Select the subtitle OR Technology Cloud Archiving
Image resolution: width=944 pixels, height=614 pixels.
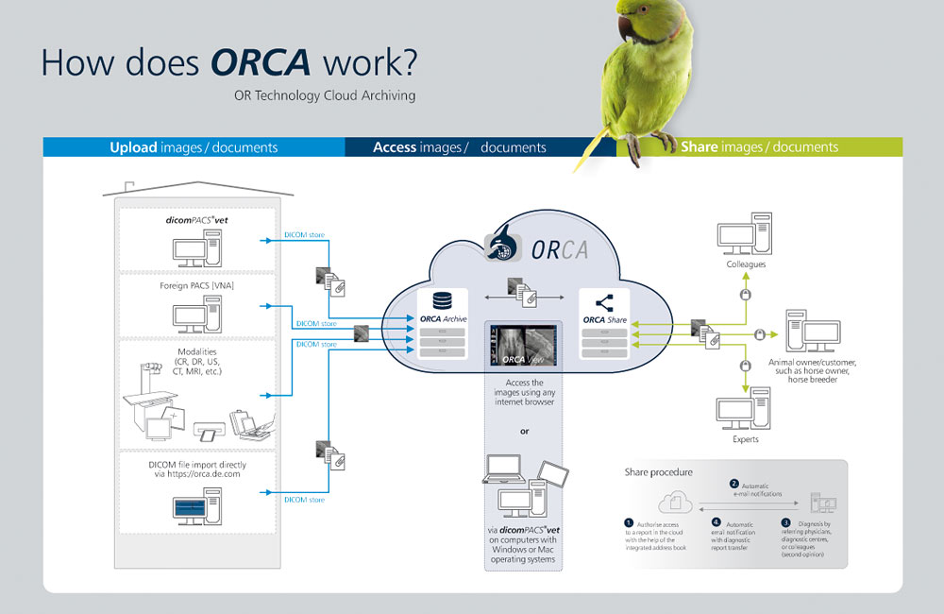point(325,95)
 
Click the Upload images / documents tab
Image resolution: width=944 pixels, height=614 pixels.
point(194,147)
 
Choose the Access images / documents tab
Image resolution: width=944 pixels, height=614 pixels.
point(460,147)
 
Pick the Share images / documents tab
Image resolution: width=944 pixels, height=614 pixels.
point(759,147)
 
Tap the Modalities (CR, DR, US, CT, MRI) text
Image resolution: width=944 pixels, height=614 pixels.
point(196,363)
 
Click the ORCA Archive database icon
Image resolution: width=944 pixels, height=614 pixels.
point(441,299)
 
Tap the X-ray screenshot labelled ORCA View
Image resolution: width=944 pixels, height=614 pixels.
point(524,344)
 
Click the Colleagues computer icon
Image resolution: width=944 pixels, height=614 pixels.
point(745,237)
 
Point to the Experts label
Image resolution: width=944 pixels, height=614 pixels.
point(744,439)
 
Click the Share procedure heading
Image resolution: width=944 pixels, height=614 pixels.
point(661,470)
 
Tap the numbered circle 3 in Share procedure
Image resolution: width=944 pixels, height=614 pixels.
point(785,522)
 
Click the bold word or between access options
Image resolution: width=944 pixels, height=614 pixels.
point(524,432)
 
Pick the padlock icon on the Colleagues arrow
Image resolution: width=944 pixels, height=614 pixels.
point(745,296)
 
